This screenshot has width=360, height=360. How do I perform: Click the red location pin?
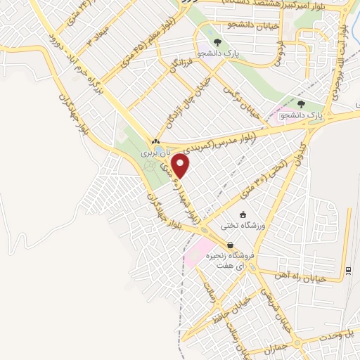tap(181, 166)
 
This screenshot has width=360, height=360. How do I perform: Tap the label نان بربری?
tap(154, 152)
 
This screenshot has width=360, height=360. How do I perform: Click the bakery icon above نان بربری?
tap(155, 141)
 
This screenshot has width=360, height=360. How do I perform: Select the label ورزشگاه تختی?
tap(241, 226)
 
